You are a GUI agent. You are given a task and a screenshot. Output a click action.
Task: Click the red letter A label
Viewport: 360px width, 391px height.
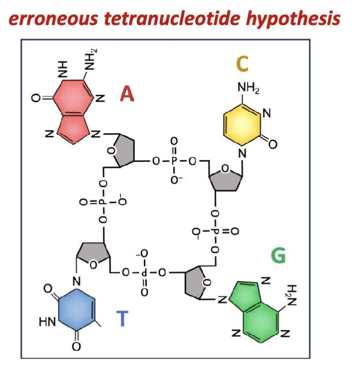click(x=127, y=95)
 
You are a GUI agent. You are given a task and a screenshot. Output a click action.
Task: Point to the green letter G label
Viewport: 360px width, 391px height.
click(x=278, y=255)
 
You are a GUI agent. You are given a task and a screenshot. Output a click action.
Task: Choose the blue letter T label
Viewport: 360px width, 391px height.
click(x=122, y=319)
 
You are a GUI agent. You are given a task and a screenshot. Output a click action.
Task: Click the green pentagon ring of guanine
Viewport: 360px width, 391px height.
click(x=244, y=294)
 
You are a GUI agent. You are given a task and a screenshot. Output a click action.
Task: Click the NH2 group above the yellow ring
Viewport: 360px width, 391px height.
click(x=248, y=87)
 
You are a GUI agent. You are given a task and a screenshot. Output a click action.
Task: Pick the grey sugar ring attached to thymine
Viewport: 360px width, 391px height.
click(x=94, y=254)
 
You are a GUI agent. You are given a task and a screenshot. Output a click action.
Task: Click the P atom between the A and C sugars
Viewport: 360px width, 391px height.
click(x=174, y=161)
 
